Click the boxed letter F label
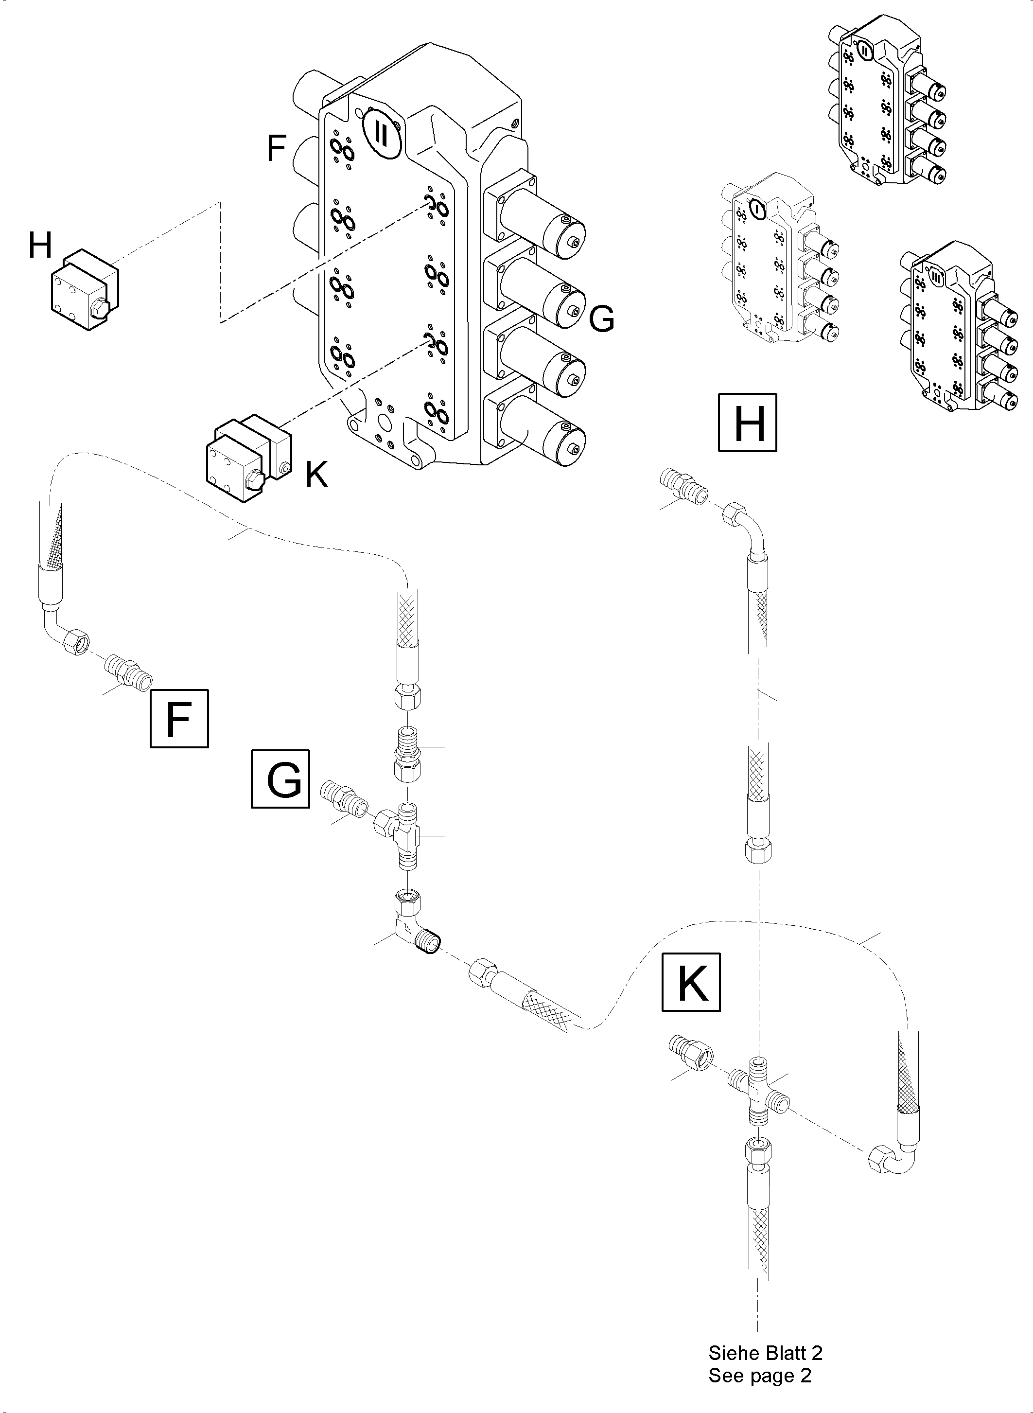(179, 718)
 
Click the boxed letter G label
(280, 779)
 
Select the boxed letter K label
(691, 982)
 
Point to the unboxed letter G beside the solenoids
(601, 319)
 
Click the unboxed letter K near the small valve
(316, 476)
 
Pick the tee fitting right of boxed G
(402, 835)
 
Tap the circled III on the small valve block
(935, 277)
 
